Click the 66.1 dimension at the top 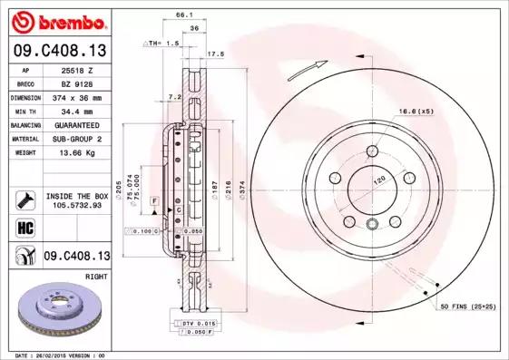[x=184, y=15]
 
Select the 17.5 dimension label [x=216, y=54]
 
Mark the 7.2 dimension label [x=176, y=96]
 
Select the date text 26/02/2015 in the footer [x=56, y=355]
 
